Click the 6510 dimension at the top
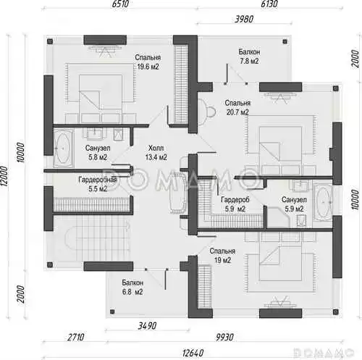pos(120,4)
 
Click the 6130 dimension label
pos(269,4)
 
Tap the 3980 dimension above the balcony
pos(244,19)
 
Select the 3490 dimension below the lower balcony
pos(147,326)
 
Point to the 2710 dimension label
pos(76,337)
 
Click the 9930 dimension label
pos(224,337)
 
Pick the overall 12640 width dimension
pos(193,353)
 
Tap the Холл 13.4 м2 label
pos(156,153)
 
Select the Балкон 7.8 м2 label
pos(249,56)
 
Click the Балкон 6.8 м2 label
pos(132,288)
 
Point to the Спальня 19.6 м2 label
pos(148,62)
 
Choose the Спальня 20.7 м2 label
pos(237,107)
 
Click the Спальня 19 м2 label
pos(222,256)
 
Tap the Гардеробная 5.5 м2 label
pos(98,184)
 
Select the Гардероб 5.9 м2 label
pos(235,204)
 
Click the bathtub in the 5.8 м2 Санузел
pos(63,148)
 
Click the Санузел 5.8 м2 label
pos(98,153)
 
